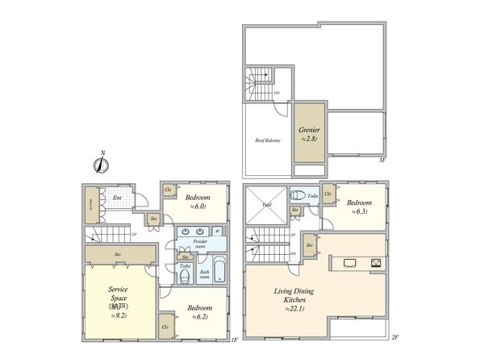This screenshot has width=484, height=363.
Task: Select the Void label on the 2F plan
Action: [x=265, y=205]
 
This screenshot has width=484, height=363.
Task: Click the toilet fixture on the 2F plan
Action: [x=298, y=195]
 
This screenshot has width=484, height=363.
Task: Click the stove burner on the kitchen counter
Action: [x=377, y=263]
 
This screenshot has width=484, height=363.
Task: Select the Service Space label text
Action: [x=113, y=292]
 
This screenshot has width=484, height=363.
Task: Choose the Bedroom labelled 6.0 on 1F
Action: [x=197, y=202]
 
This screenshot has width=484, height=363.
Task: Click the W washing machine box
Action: [x=218, y=232]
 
